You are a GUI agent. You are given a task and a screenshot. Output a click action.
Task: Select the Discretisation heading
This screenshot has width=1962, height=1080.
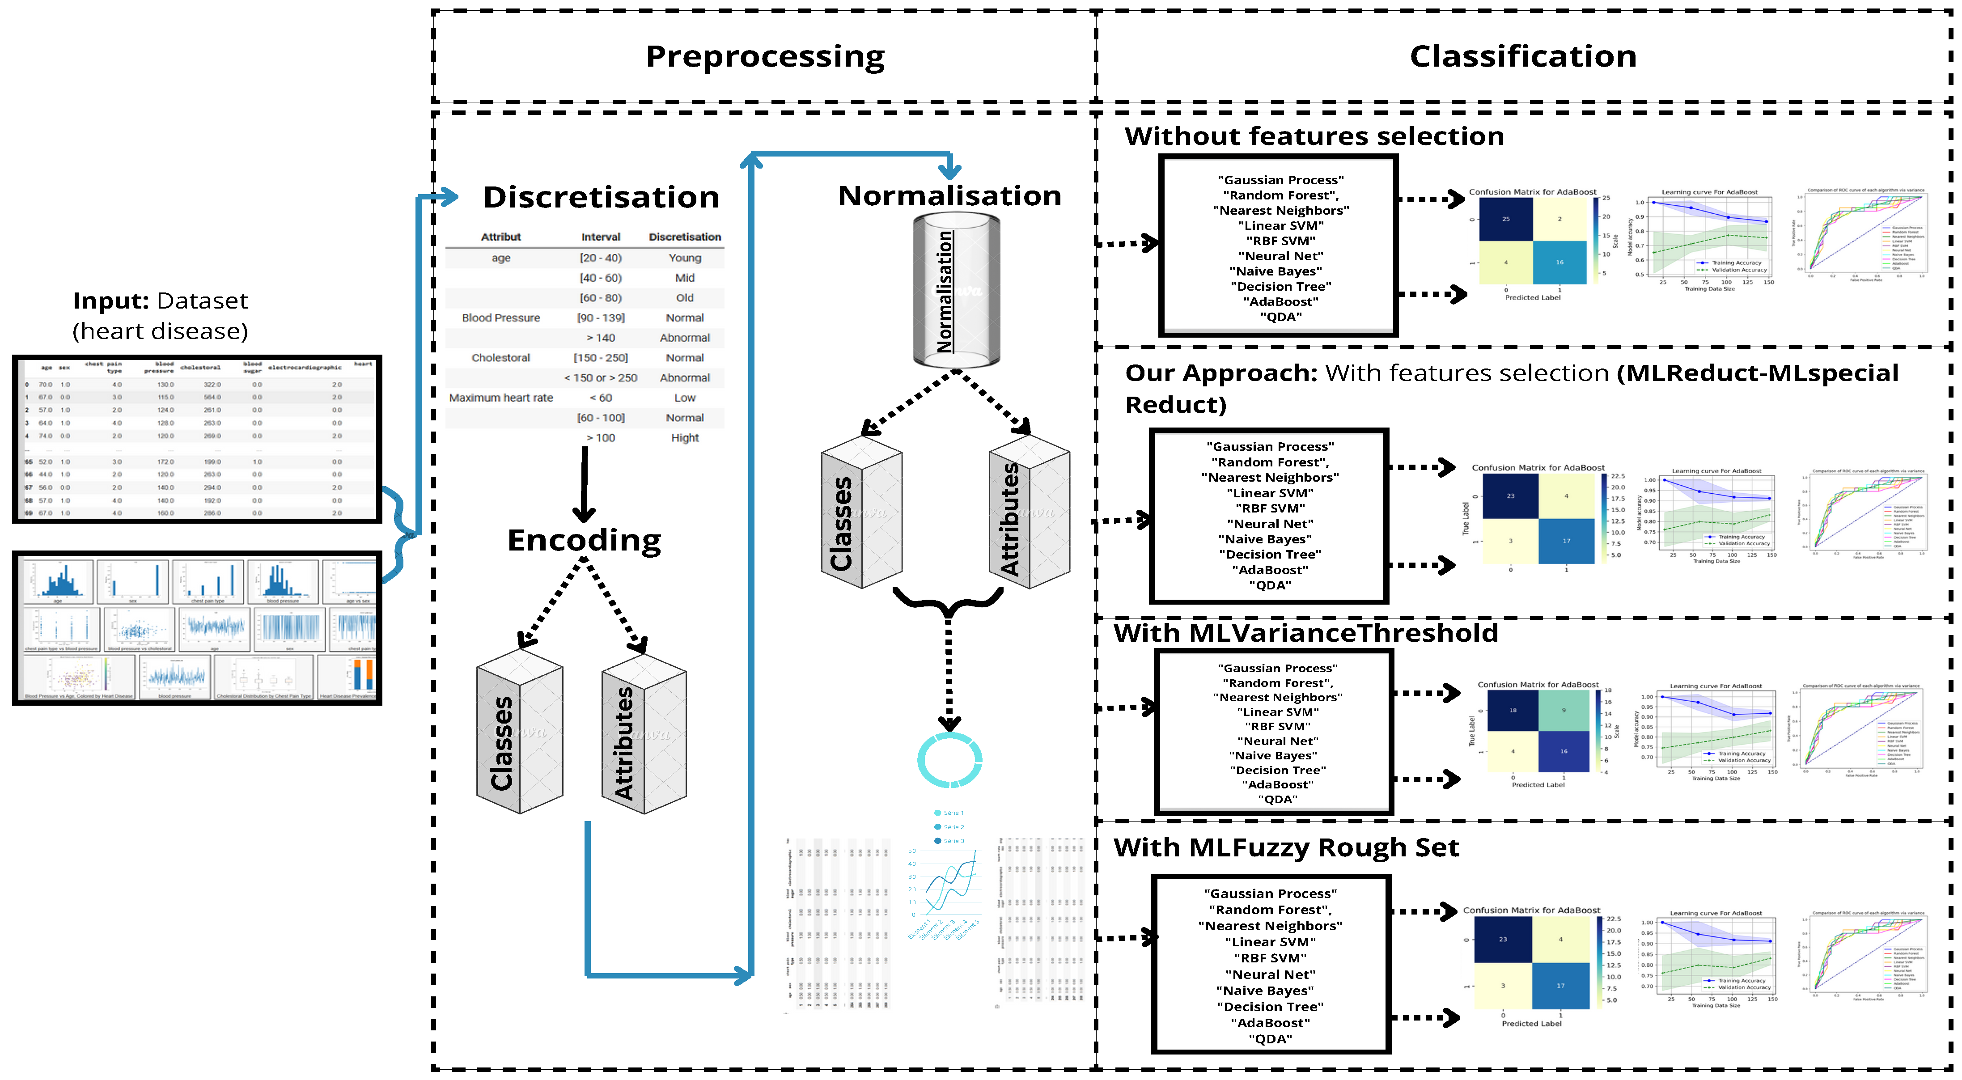coord(601,197)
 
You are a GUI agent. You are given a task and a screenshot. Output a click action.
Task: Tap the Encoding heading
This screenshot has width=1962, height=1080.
coord(584,540)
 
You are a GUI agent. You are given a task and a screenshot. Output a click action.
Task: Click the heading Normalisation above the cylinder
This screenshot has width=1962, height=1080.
coord(949,196)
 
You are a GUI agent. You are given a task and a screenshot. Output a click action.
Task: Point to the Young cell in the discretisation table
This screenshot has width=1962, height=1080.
coord(685,258)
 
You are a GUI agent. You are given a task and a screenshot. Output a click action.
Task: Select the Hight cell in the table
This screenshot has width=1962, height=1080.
coord(685,438)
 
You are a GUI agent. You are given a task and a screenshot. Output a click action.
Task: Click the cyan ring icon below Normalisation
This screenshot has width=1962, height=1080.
coord(949,760)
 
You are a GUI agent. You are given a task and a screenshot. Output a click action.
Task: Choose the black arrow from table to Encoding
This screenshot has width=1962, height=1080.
coord(584,483)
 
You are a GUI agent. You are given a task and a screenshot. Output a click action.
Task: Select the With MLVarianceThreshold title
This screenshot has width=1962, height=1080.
coord(1305,633)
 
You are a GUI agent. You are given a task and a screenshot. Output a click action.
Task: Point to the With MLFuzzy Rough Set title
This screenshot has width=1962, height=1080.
coord(1286,848)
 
